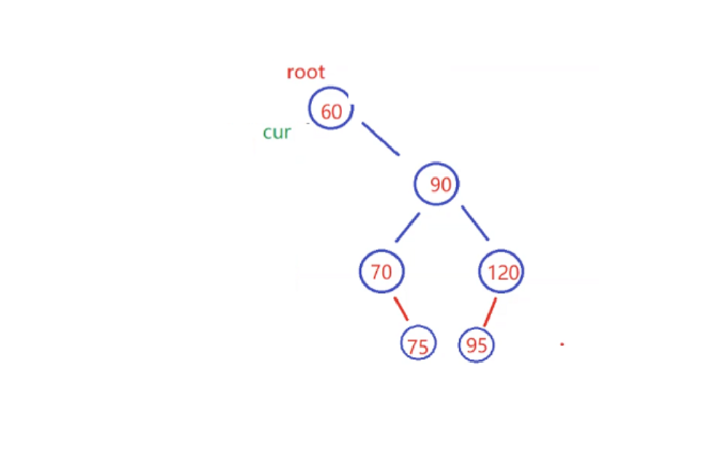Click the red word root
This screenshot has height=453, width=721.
[x=306, y=72]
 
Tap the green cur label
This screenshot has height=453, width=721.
[x=276, y=132]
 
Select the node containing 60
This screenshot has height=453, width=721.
[x=331, y=109]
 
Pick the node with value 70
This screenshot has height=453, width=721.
[x=381, y=272]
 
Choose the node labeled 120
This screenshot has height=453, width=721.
[x=501, y=273]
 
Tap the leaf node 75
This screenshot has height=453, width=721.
[x=418, y=345]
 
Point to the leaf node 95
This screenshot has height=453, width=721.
[x=477, y=345]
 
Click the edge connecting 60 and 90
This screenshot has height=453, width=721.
[x=381, y=139]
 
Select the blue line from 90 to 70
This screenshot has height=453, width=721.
[x=407, y=228]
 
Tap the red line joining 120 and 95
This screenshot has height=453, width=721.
[x=490, y=311]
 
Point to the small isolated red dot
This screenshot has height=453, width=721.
[x=562, y=344]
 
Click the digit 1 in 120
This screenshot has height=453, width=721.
[x=491, y=273]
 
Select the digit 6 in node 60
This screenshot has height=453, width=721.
[x=326, y=112]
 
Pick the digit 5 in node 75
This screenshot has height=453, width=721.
[x=423, y=348]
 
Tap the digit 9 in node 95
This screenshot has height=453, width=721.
[x=471, y=345]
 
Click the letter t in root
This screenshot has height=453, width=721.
[x=322, y=72]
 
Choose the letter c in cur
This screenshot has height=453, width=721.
[x=267, y=133]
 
